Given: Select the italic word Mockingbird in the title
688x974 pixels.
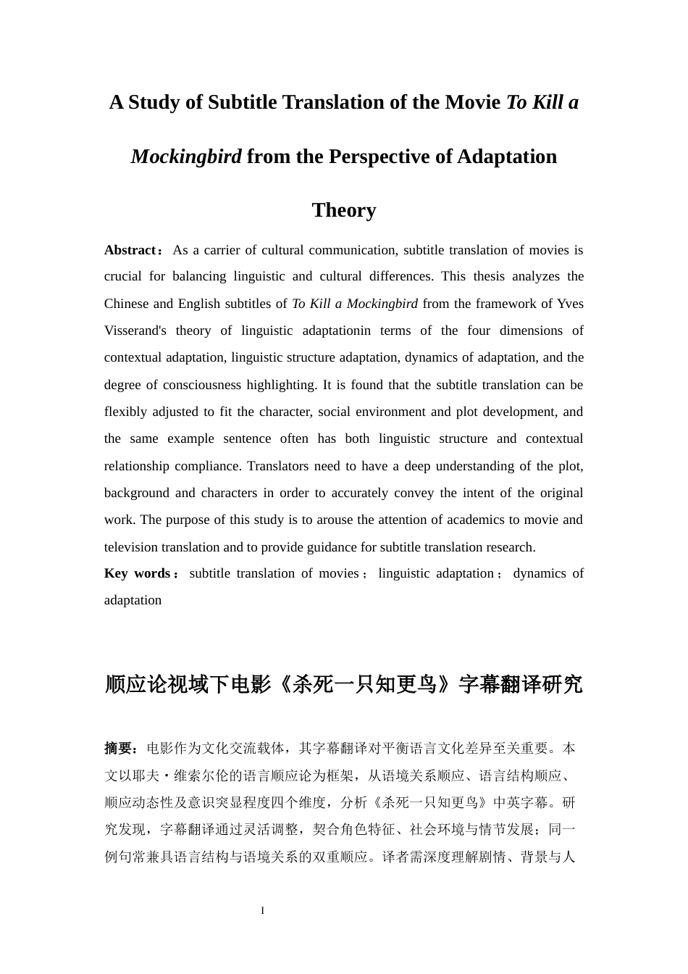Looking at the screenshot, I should [x=186, y=157].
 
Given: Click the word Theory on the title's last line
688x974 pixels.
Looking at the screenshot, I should [x=344, y=210].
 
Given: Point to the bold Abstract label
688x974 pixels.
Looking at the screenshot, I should [x=130, y=250].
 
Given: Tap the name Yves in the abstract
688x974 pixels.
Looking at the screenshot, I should [x=570, y=304].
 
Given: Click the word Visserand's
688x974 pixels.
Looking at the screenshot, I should [x=135, y=331].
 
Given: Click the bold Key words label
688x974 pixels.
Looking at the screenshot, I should [x=137, y=573].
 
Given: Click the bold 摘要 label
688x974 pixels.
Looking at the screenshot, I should [x=119, y=748].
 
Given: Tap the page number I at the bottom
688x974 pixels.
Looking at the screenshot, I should [x=263, y=910].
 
